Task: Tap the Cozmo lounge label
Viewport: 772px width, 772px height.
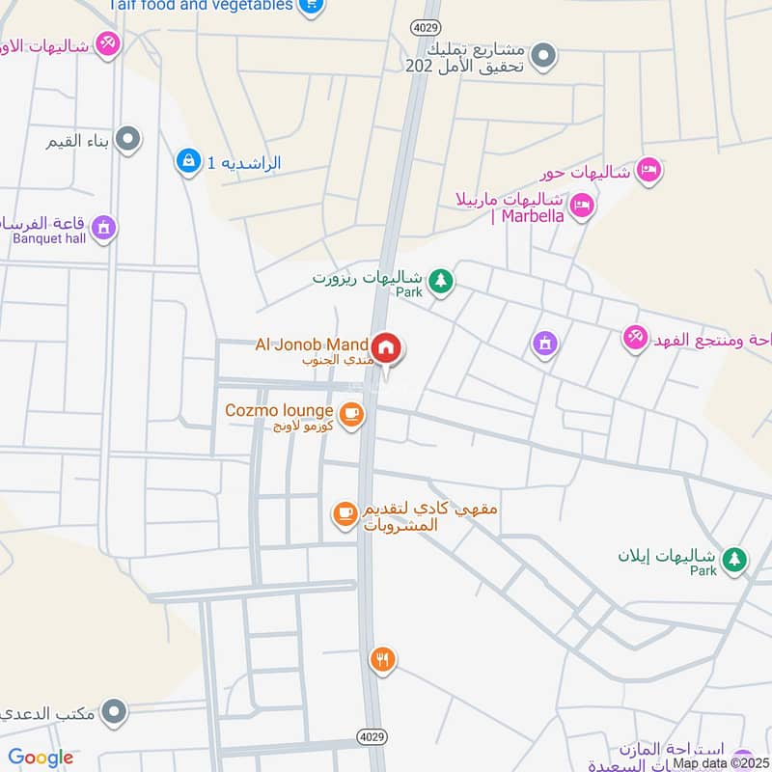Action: click(x=279, y=410)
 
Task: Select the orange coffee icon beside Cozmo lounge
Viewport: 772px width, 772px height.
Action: click(x=352, y=413)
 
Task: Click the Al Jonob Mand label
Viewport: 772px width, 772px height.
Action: click(x=311, y=345)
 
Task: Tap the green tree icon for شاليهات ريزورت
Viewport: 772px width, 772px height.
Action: click(x=441, y=281)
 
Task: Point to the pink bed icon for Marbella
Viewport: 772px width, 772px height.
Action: click(x=581, y=205)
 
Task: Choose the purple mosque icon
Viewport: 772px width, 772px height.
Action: click(x=545, y=343)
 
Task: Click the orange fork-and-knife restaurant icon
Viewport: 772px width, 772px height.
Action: click(x=382, y=660)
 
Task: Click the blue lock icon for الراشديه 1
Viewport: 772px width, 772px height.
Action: click(x=188, y=161)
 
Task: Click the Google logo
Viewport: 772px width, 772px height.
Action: click(x=41, y=758)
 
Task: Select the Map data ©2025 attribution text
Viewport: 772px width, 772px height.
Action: click(x=720, y=763)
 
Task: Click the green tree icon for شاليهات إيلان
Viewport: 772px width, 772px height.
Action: click(x=735, y=560)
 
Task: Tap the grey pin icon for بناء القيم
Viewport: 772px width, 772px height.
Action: click(x=127, y=142)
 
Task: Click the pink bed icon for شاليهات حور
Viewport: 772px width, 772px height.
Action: click(x=648, y=171)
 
